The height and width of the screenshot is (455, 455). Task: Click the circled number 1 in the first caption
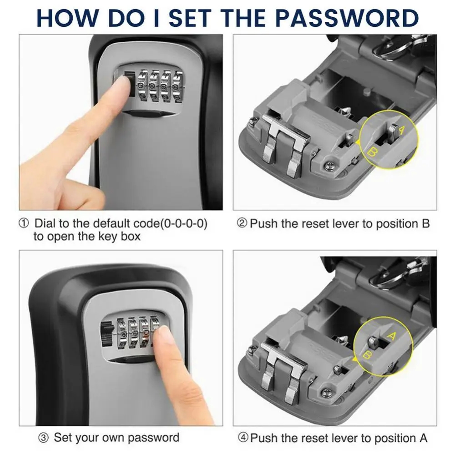24,224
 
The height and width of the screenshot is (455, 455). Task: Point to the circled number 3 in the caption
43,438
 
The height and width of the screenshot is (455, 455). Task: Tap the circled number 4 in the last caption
243,438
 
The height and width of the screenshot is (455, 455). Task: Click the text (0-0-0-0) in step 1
181,224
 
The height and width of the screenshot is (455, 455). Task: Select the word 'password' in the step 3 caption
153,438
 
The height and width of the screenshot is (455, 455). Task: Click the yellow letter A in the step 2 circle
401,130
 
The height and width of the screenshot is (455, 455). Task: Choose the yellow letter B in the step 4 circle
369,354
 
